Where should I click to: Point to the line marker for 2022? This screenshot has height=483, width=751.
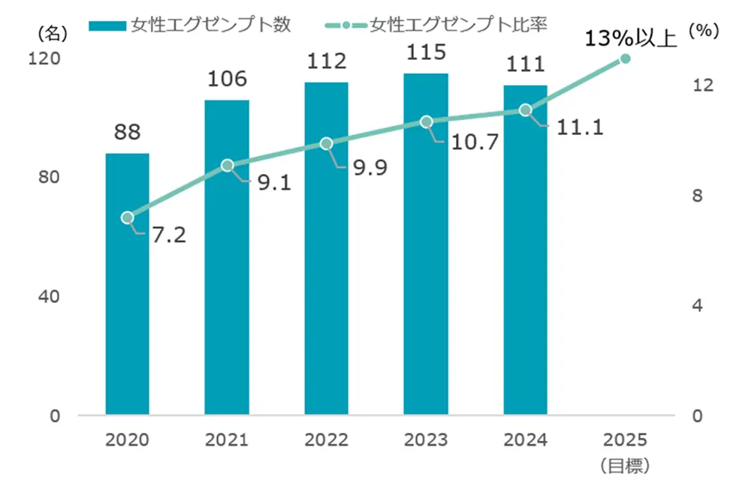coord(326,143)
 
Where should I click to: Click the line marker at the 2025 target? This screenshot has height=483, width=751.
coord(625,58)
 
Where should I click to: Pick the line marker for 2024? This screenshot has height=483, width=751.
coord(525,110)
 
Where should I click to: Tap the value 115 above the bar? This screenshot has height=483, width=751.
coord(425,54)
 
